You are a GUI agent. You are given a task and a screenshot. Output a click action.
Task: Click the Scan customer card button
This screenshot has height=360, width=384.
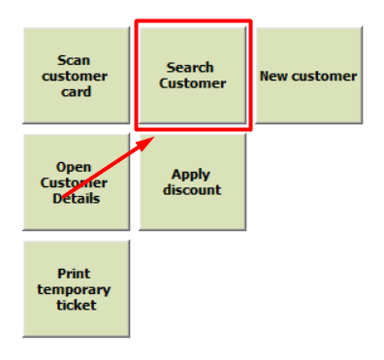[77, 76]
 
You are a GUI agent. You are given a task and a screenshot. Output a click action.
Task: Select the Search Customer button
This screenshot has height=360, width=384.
[193, 76]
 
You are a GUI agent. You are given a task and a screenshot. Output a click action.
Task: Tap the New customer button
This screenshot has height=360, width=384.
[309, 76]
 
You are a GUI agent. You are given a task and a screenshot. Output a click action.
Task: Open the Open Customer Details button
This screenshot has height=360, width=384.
[77, 182]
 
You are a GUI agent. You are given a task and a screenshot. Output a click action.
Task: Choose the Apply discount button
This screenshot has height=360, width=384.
[193, 182]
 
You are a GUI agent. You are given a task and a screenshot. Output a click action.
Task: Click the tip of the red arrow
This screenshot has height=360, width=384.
[154, 137]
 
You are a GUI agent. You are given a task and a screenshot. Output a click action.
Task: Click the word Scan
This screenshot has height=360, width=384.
[74, 60]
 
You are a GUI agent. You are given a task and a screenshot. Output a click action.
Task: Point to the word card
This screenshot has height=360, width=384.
[77, 92]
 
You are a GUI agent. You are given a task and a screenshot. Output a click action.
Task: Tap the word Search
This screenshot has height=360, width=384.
[190, 68]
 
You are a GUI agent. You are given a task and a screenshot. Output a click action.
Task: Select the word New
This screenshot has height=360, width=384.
[273, 76]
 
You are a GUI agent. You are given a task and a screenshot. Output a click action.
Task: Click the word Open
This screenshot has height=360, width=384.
[74, 168]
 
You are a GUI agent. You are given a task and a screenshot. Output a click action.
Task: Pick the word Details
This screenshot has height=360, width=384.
[77, 199]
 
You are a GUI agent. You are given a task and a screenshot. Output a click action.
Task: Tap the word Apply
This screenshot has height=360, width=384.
[191, 175]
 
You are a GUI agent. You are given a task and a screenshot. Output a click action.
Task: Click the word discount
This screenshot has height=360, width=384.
[192, 190]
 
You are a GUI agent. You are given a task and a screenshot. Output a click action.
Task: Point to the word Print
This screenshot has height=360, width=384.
[74, 274]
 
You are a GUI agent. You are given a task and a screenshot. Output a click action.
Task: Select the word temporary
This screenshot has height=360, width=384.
[74, 290]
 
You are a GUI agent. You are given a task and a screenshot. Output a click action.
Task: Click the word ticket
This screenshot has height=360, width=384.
[77, 305]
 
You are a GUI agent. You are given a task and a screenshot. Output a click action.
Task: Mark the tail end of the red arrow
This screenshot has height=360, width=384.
[63, 196]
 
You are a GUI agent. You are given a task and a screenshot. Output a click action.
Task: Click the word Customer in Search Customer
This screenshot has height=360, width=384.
[193, 83]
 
